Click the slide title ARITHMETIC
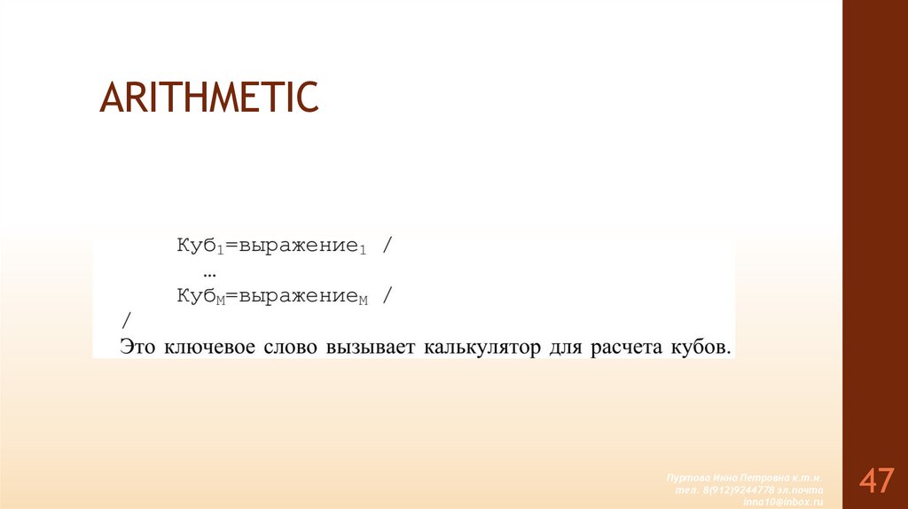coord(209,97)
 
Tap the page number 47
coord(875,481)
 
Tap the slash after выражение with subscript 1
coord(387,246)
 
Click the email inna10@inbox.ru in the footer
coord(787,501)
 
